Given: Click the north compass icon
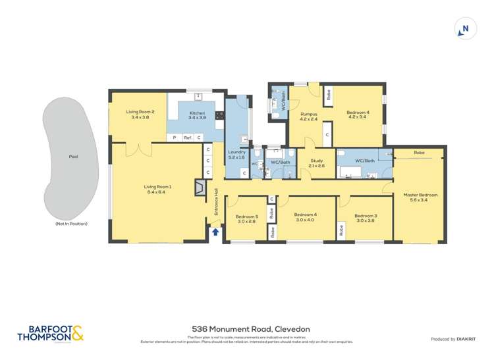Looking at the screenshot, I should (465, 29).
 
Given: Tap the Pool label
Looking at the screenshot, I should (72, 157).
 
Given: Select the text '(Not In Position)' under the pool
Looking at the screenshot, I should (71, 224).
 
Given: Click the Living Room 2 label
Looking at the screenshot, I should (140, 114).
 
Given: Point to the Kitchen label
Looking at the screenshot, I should (197, 115).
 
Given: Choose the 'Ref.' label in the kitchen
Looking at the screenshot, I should (187, 138).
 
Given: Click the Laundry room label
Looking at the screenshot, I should (236, 155).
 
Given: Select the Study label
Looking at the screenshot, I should (316, 163).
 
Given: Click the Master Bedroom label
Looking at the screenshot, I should (420, 197).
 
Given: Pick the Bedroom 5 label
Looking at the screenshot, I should (247, 219).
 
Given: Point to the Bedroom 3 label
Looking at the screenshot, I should (366, 219).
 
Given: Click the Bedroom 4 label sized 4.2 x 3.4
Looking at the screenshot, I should (358, 115).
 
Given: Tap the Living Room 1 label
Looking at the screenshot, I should (157, 190).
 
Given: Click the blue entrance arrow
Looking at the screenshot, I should (215, 232).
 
